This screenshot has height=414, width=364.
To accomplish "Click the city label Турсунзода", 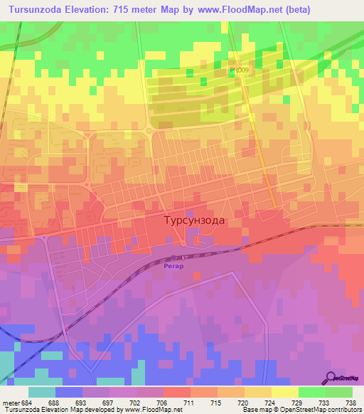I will tap(194, 221).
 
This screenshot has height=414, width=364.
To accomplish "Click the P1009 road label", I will tap(239, 70).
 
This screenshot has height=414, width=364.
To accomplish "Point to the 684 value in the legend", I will tap(28, 402).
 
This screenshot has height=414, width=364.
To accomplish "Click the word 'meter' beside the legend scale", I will tap(11, 402).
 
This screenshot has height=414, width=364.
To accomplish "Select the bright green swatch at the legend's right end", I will tap(339, 392).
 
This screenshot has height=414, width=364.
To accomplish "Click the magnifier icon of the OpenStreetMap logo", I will tap(331, 378).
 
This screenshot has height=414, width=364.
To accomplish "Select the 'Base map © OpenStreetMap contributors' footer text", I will tap(301, 410).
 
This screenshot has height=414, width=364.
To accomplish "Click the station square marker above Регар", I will tap(175, 258).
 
